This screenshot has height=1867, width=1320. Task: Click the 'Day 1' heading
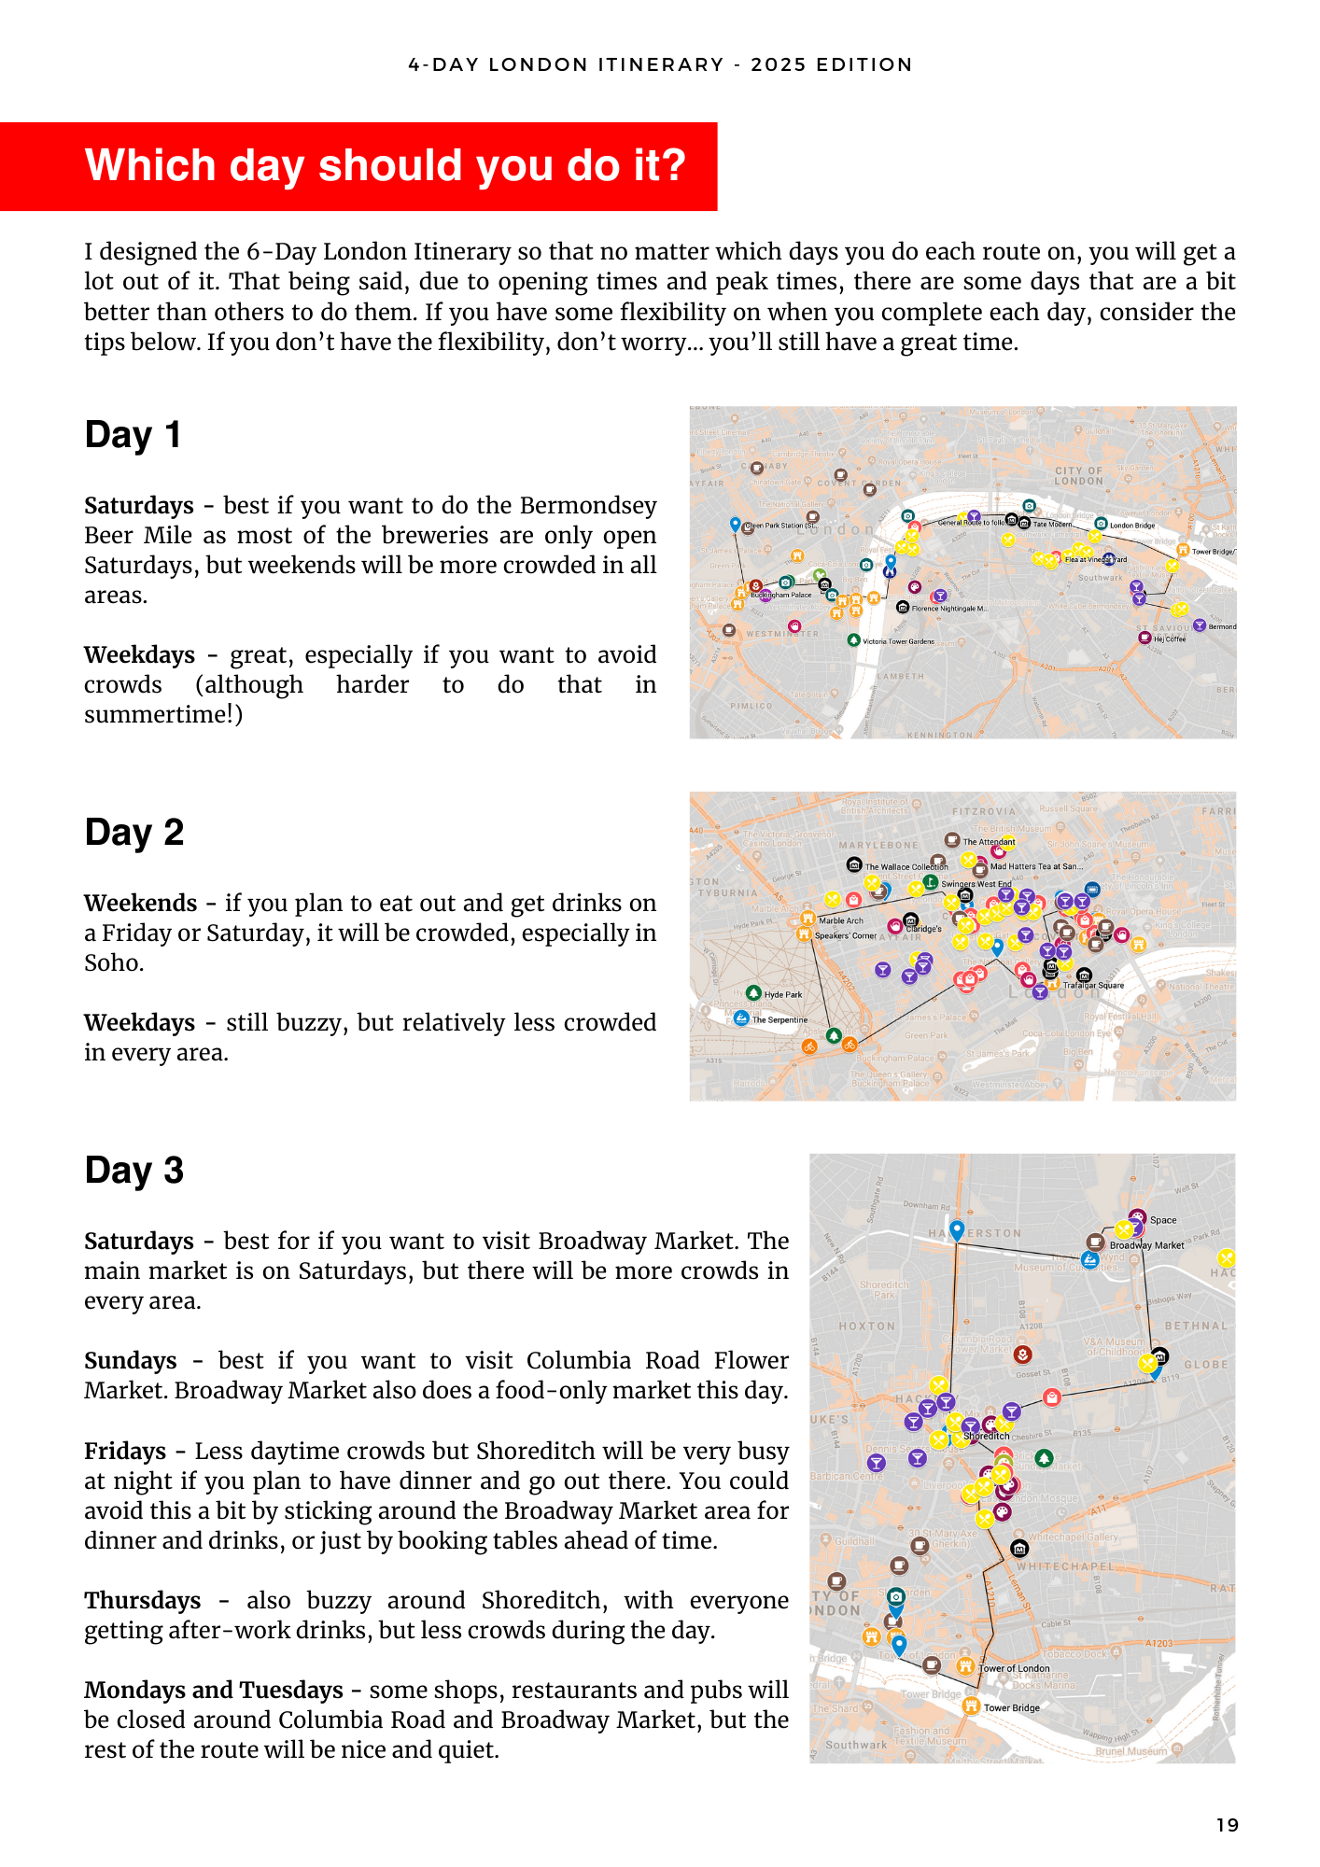pos(133,435)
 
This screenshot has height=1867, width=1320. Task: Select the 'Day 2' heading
pos(133,833)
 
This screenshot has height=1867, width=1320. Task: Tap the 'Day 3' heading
pos(133,1171)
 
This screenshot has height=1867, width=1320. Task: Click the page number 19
pos(1227,1825)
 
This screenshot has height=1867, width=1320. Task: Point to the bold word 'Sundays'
pos(131,1361)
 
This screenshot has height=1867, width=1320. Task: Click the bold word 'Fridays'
pos(125,1452)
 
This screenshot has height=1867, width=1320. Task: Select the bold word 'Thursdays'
pos(142,1601)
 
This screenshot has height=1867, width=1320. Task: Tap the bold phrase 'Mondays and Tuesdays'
pos(214,1691)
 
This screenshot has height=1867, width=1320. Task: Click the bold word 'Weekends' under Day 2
pos(140,904)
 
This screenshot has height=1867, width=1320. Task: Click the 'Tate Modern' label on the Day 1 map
pos(1052,525)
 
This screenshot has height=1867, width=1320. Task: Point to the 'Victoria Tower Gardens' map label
pos(898,641)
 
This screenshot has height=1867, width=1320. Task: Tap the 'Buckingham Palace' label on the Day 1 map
pos(781,595)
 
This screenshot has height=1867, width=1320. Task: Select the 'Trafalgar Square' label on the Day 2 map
pos(1093,985)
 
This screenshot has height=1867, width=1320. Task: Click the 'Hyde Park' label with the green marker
pos(783,994)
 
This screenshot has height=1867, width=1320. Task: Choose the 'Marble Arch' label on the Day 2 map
pos(840,920)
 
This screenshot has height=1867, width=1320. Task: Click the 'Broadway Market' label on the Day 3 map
pos(1146,1245)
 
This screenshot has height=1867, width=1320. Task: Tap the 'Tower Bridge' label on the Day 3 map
pos(1011,1708)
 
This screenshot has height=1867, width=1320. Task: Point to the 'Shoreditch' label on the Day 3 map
pos(986,1436)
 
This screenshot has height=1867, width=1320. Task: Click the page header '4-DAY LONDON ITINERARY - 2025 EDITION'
pos(660,64)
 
